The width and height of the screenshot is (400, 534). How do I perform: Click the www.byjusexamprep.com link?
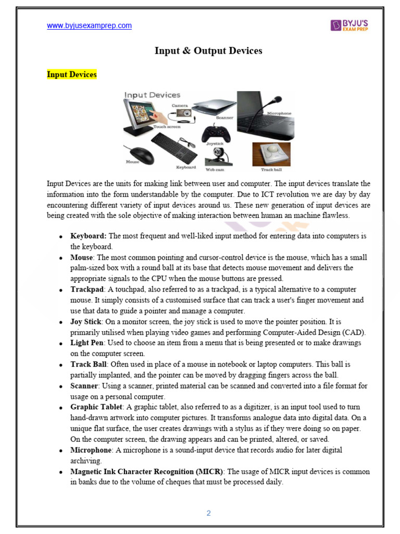click(89, 26)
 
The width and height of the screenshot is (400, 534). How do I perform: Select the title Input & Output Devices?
click(208, 51)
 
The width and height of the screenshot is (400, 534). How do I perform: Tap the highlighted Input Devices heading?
click(72, 75)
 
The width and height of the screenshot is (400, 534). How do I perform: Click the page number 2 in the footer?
click(208, 513)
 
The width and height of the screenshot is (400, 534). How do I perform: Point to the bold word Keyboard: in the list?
click(88, 236)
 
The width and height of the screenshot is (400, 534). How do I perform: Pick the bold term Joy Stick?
click(86, 322)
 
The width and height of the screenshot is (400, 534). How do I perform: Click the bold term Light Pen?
click(87, 343)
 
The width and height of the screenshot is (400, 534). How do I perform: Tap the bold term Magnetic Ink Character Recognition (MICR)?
click(147, 471)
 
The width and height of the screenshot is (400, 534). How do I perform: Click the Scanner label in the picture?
click(224, 118)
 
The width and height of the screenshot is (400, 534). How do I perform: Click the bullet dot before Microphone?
click(62, 450)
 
